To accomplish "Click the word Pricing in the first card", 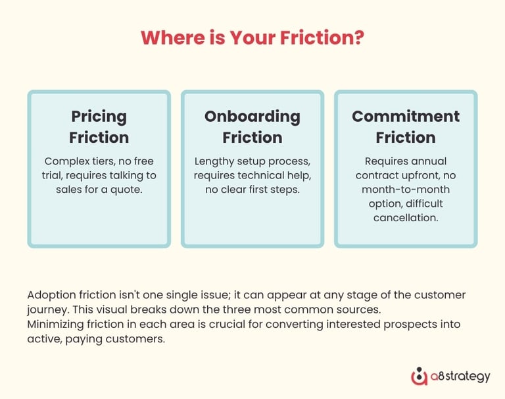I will tap(99, 117).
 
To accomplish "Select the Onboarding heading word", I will tap(252, 117).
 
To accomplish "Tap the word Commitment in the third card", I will tap(405, 117).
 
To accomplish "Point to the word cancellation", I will tap(405, 217).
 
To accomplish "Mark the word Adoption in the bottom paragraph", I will tap(50, 294).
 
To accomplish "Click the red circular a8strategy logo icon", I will tap(419, 377).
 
